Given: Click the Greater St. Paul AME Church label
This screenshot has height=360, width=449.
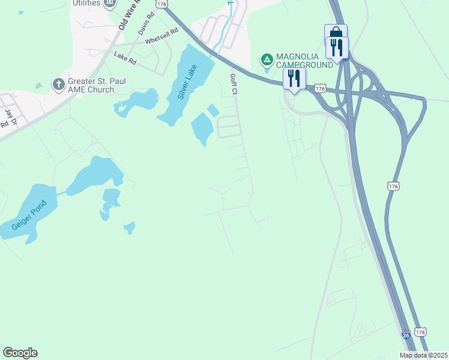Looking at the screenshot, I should (91, 85).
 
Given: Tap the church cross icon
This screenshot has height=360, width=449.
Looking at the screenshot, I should (59, 84).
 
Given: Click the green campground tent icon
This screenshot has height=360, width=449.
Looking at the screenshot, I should (267, 60).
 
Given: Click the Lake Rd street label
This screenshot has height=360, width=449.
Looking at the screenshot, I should (125, 58).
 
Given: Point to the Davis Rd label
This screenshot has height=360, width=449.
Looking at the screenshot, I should (142, 25).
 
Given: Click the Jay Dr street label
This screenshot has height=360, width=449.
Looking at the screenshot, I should (9, 113).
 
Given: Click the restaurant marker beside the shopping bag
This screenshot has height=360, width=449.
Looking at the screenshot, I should (337, 47).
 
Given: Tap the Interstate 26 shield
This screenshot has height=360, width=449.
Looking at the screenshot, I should (406, 334).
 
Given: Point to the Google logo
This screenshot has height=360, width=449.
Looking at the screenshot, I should (20, 353).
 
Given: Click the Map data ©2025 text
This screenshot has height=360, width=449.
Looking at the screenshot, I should (423, 355).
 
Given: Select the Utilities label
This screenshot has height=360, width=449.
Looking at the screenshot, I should (86, 4).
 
